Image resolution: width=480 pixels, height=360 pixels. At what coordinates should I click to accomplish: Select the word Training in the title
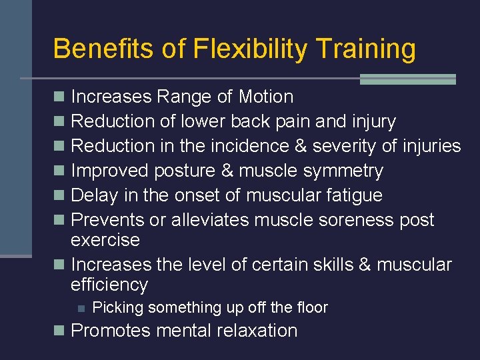pyautogui.click(x=365, y=49)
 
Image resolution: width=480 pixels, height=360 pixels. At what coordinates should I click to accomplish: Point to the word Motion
pyautogui.click(x=265, y=97)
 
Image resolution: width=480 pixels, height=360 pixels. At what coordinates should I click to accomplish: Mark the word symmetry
pyautogui.click(x=343, y=171)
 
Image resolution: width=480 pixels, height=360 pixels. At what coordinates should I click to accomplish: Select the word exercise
pyautogui.click(x=105, y=240)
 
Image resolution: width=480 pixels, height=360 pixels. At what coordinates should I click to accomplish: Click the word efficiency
pyautogui.click(x=109, y=285)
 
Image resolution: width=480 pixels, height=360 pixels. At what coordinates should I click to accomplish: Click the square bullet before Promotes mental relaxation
pyautogui.click(x=59, y=331)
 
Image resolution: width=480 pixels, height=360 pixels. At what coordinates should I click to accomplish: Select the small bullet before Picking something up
pyautogui.click(x=80, y=308)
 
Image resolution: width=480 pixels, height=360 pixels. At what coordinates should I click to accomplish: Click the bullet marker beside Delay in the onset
pyautogui.click(x=59, y=195)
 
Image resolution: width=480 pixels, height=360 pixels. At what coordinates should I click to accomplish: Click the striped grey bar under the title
pyautogui.click(x=407, y=79)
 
